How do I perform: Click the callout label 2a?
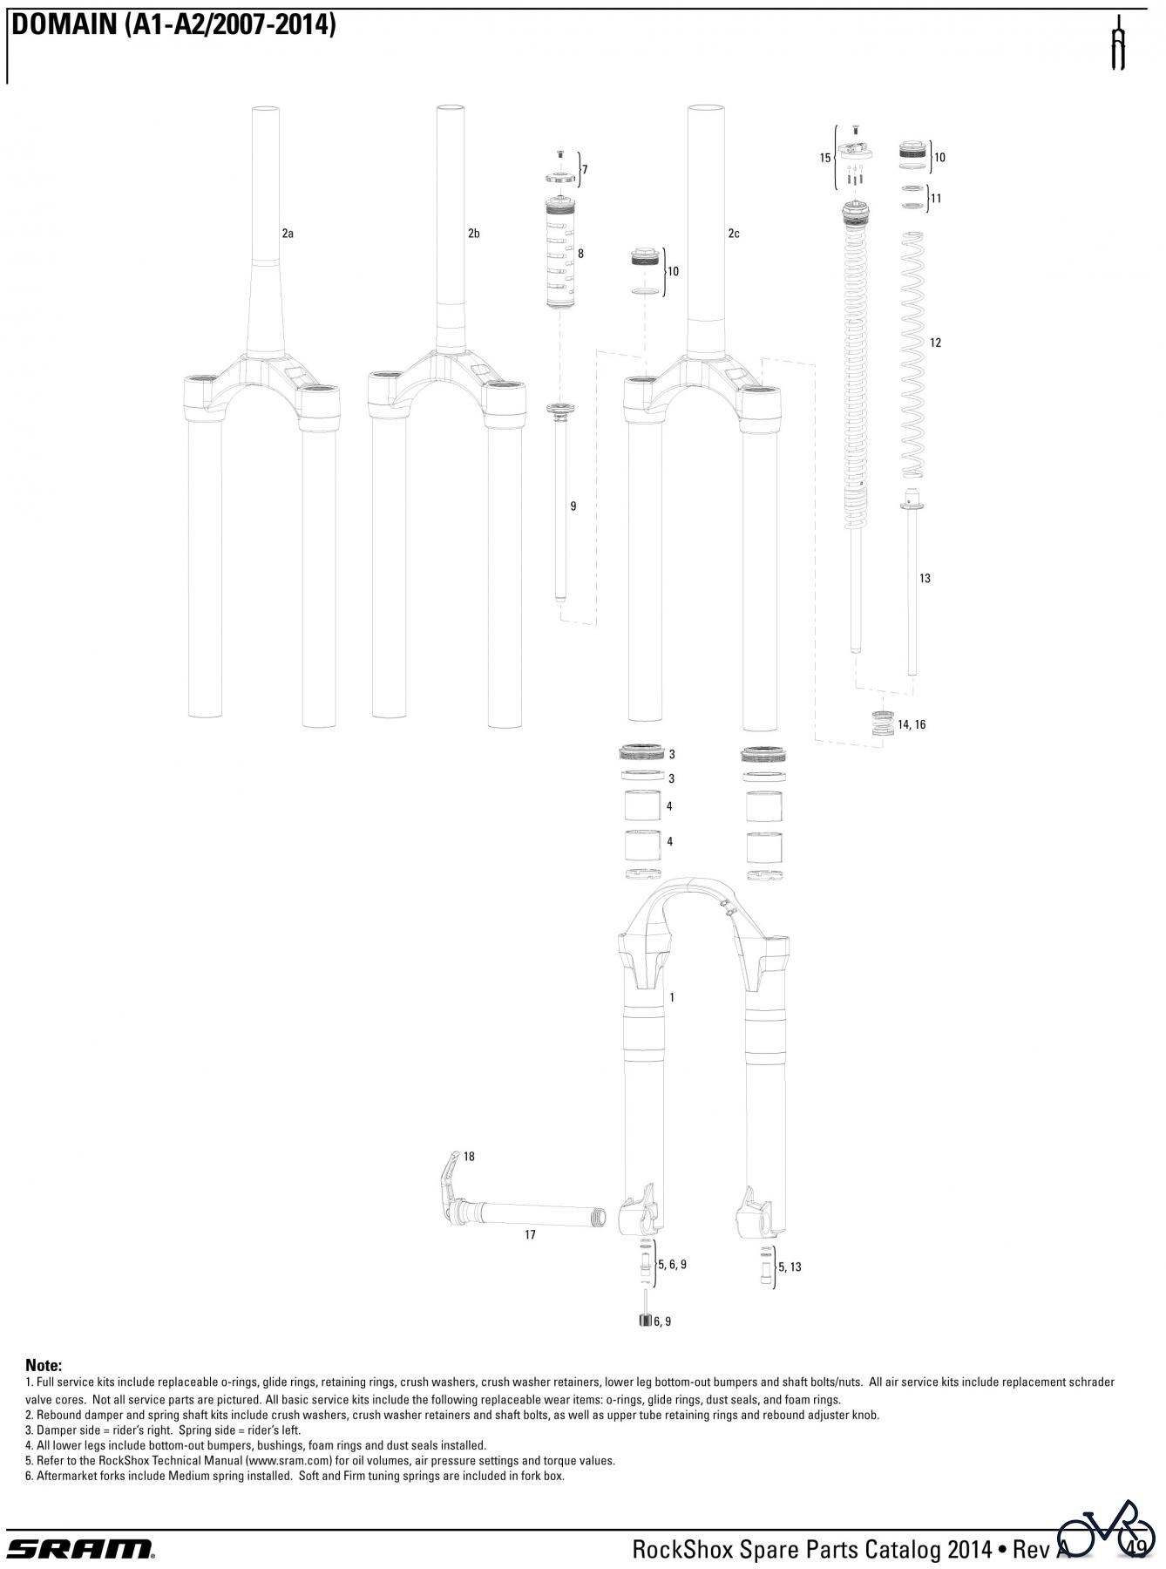288,234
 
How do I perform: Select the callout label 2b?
473,234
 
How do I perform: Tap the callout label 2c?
734,234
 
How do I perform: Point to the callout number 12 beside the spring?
935,343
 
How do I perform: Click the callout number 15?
825,158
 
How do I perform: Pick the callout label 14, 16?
912,724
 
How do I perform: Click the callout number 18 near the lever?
469,1157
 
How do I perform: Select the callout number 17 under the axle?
530,1234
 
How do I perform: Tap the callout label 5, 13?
790,1267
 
